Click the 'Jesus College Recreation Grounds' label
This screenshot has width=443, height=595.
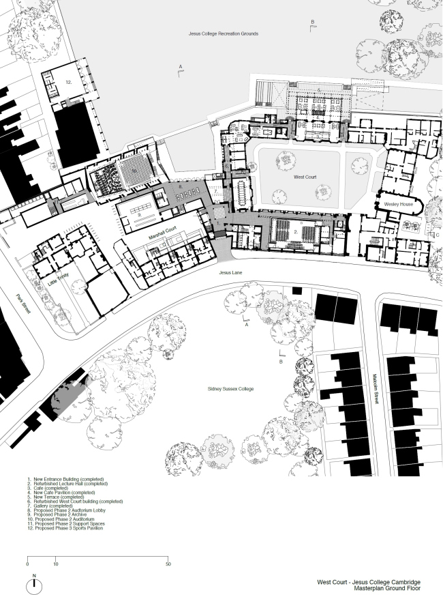coord(224,33)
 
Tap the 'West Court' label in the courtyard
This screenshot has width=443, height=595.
coord(303,176)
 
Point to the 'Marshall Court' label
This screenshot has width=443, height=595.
coord(163,234)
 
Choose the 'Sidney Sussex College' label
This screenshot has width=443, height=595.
coord(230,388)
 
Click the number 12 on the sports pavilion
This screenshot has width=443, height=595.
coord(68,81)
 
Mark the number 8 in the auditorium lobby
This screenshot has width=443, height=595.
coord(180,186)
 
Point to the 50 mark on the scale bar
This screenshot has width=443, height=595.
coord(168,564)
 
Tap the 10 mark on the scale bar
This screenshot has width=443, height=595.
coord(55,564)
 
